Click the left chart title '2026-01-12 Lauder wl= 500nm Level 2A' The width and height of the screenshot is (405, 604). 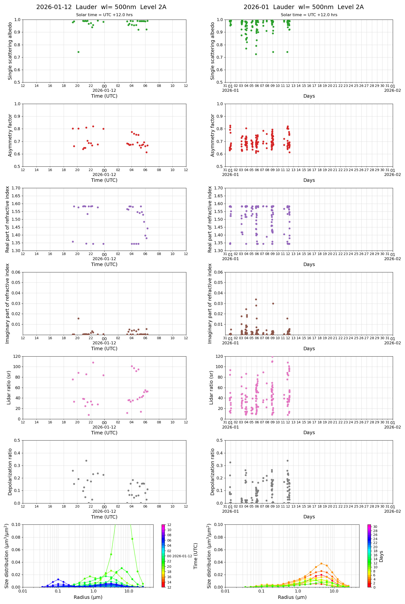coord(101,7)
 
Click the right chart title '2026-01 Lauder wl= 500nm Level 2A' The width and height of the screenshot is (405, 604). coord(303,7)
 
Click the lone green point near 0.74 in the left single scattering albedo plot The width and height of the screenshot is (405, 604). coord(79,52)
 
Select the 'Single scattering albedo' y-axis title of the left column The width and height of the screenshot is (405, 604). coord(10,51)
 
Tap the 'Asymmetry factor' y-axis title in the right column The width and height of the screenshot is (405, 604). coord(213,135)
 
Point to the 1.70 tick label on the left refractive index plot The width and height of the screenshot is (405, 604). coord(18,188)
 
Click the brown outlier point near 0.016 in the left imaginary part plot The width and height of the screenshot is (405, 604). coord(79,319)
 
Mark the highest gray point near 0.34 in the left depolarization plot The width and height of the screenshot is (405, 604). coord(86,461)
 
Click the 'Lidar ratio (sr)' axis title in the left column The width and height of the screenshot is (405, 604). coord(9,388)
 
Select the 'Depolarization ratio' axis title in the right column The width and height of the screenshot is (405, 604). coord(213,472)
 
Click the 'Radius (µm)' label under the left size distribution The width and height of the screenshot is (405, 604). coord(88,597)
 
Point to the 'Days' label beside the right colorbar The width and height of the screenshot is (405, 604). coord(381,556)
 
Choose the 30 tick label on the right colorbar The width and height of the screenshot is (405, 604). coord(375,527)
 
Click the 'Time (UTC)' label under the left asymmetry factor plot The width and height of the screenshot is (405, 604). coord(104,180)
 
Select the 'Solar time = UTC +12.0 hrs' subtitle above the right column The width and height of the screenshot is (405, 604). coord(309,15)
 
